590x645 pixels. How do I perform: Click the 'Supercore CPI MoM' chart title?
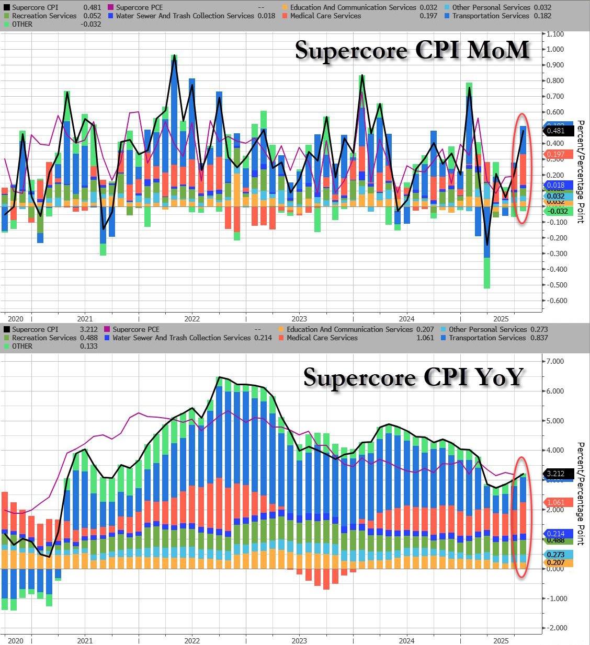(412, 50)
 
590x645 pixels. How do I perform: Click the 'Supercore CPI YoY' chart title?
(413, 377)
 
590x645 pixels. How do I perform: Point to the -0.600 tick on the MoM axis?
(555, 301)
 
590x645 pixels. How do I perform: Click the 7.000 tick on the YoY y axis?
(555, 361)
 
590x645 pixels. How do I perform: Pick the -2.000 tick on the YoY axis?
(555, 628)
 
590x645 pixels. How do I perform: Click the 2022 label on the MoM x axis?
(192, 318)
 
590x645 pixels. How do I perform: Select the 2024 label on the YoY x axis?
(406, 640)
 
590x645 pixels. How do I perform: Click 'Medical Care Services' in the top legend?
(325, 16)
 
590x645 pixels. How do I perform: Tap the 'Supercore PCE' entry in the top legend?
(139, 7)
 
